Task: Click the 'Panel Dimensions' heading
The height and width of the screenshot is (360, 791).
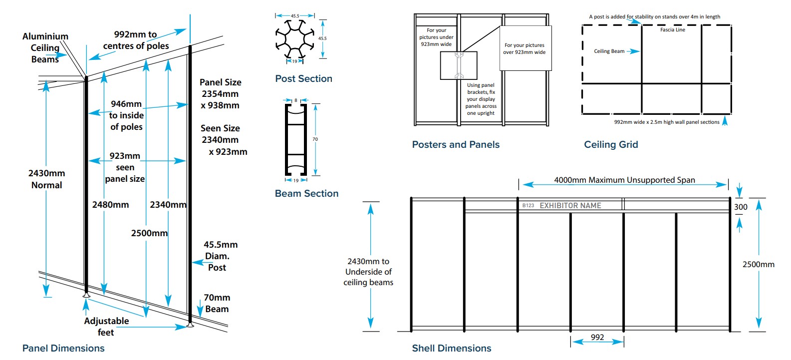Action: pos(63,348)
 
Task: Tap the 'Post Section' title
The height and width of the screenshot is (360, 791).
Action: pos(303,78)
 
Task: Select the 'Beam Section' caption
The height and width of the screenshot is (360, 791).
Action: pos(306,193)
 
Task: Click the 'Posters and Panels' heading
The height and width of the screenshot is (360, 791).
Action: pos(456,144)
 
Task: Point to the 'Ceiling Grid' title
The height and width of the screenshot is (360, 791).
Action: pos(611,144)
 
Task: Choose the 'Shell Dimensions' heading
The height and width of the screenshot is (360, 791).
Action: pos(452,348)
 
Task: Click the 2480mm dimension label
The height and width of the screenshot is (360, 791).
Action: pos(110,205)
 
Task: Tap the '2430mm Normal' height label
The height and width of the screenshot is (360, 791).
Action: pos(46,179)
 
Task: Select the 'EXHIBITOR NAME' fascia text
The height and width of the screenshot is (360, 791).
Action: pos(570,205)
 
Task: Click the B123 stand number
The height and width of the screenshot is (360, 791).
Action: pos(528,205)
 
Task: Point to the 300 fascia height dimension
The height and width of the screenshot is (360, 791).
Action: pos(741,207)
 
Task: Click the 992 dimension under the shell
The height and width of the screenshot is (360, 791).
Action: pos(597,337)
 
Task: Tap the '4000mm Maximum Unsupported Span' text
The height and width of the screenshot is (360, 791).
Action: pos(624,180)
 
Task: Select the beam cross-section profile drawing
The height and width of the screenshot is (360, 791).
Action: pos(295,139)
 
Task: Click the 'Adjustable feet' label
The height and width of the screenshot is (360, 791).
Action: pos(106,327)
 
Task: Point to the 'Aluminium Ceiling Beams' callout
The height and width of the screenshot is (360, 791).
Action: pos(45,47)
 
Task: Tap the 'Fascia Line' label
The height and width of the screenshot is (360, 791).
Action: pos(673,30)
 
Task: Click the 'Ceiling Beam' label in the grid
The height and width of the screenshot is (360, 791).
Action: pos(609,51)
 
